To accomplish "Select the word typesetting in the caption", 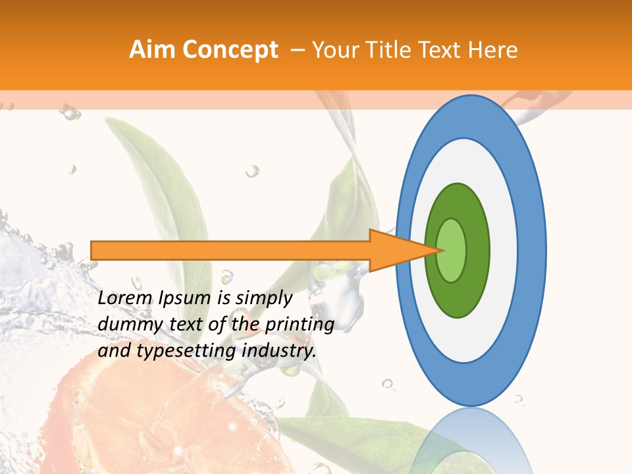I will [187, 350].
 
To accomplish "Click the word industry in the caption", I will [279, 350].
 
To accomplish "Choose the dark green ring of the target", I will [458, 300].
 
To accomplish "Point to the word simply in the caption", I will [264, 298].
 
